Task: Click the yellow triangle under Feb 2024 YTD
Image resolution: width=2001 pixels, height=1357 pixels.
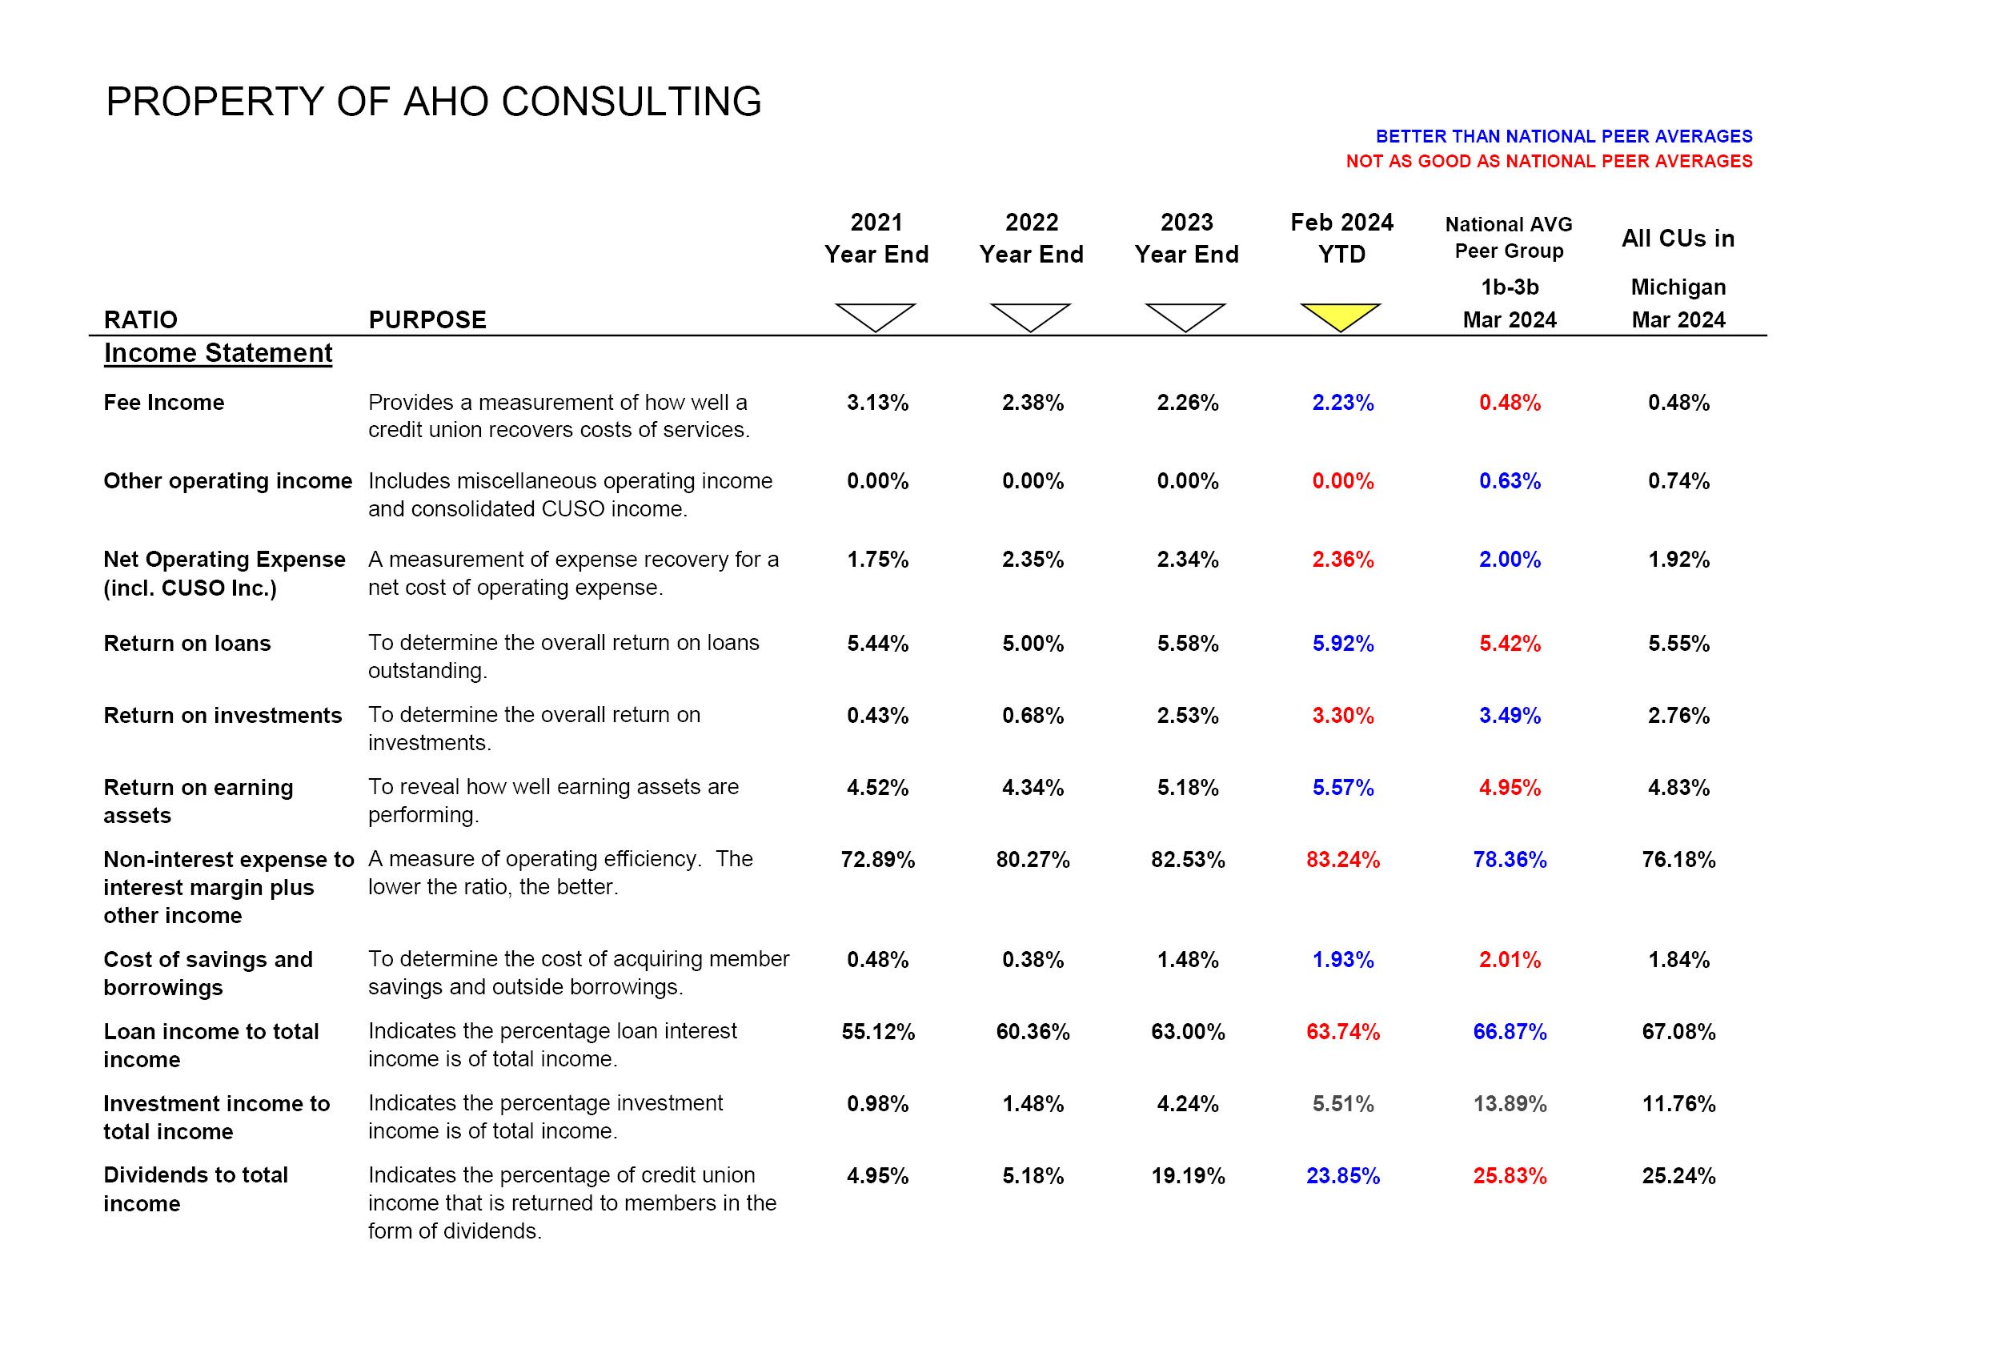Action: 1341,315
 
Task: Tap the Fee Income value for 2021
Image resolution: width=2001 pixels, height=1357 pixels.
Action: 877,403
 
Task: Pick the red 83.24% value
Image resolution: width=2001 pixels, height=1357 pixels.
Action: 1342,859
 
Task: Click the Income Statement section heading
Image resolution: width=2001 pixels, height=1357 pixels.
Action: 218,353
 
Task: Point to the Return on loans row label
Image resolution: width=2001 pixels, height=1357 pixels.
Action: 186,643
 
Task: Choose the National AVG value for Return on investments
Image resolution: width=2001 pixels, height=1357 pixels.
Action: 1510,716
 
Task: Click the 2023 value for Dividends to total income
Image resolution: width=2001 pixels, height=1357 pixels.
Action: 1187,1176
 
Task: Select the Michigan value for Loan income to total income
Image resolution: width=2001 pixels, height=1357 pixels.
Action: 1678,1031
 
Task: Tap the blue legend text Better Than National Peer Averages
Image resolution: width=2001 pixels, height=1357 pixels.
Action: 1564,136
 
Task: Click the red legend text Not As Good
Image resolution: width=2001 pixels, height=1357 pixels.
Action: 1549,161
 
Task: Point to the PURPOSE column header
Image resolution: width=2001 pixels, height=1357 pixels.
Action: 427,320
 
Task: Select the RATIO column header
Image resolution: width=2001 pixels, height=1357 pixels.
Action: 140,320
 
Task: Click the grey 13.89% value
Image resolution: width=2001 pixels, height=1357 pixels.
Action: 1510,1104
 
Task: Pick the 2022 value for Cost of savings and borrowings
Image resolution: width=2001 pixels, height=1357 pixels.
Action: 1033,959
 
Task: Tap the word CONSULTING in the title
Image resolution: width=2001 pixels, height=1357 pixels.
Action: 632,102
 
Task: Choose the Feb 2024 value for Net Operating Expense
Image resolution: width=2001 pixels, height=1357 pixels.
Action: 1342,560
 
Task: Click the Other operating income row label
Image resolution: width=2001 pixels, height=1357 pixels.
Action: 227,480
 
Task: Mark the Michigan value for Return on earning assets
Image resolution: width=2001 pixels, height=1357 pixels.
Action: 1678,787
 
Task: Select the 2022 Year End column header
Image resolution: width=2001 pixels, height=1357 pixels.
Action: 1032,238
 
